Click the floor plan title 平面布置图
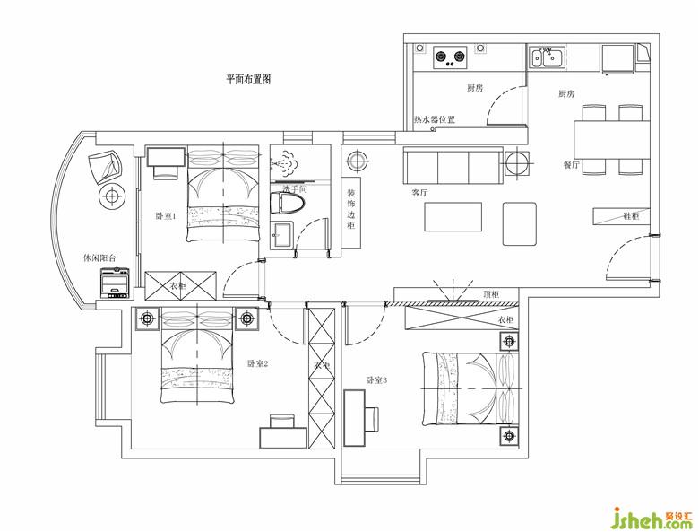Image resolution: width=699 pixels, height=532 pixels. coord(248,80)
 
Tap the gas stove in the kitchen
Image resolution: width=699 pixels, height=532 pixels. coord(450,57)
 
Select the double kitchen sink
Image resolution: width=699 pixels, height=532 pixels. coord(548,57)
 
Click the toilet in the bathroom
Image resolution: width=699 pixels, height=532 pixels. coord(288,203)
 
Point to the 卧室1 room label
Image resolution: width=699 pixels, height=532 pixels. coord(166,216)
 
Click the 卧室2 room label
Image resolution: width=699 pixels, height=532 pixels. coord(258,363)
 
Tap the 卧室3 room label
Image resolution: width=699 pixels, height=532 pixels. coord(376,380)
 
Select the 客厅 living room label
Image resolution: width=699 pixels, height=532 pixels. coord(419,194)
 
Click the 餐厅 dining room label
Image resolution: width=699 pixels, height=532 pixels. coord(572,165)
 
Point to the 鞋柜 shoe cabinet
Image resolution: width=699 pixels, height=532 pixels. coord(621,216)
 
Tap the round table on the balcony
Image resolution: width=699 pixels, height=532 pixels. coord(111,196)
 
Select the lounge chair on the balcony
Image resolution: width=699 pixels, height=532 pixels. coord(105,166)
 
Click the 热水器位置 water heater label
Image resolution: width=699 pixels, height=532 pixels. coord(435,119)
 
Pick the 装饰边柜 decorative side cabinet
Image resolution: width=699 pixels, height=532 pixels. coord(351,213)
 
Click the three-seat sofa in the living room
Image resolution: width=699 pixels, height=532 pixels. coord(453,166)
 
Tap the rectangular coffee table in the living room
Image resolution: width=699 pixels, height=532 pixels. coord(453,217)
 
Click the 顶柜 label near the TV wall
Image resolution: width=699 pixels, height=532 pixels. coord(491,294)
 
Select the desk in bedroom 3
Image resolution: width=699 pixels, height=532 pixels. coord(355,418)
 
